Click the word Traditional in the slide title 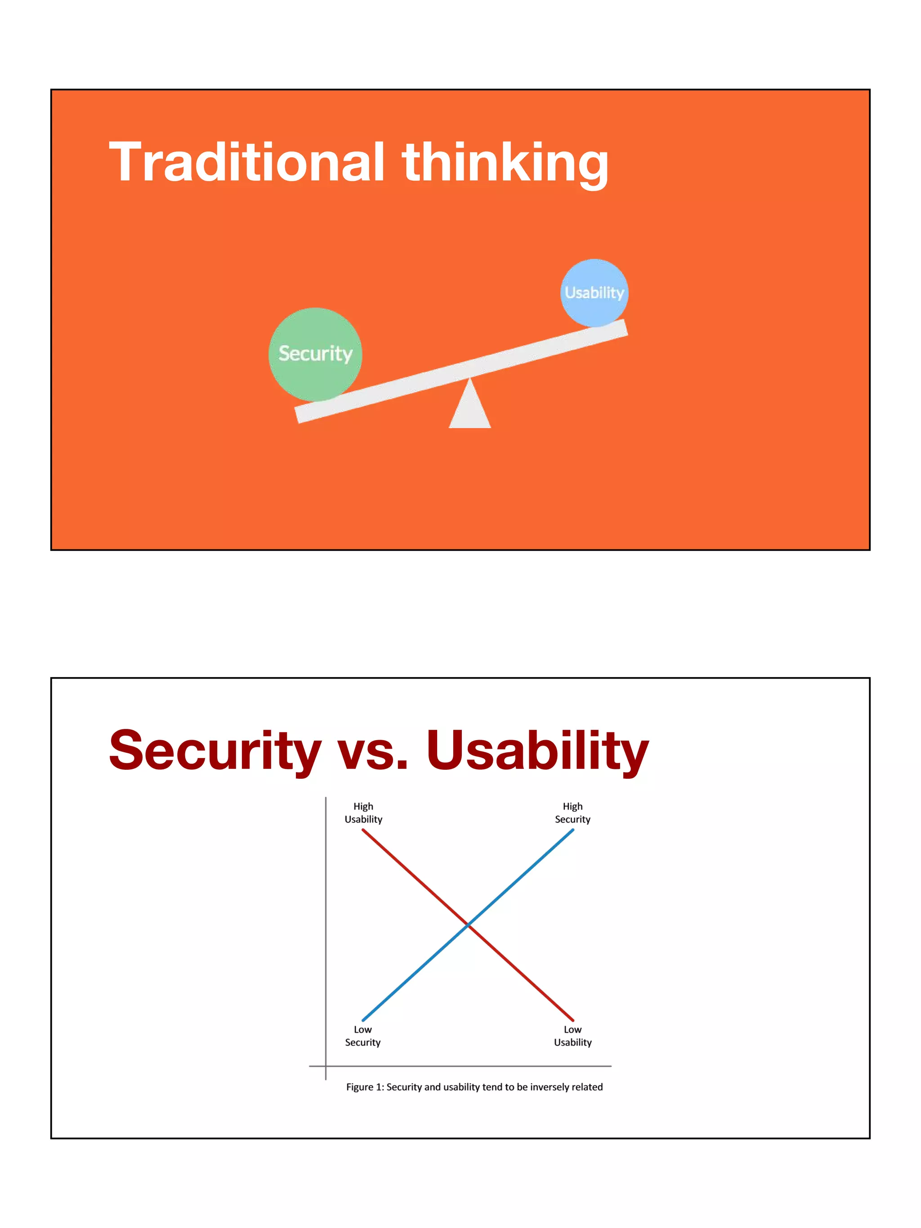[246, 162]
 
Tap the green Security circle [315, 353]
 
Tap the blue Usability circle [594, 293]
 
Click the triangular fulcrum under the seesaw [469, 408]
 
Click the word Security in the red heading [215, 750]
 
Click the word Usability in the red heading [537, 750]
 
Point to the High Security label [572, 813]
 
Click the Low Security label [362, 1036]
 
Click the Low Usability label [572, 1036]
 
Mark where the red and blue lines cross [468, 925]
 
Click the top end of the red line [363, 831]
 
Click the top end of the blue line [572, 831]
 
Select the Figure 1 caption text [474, 1087]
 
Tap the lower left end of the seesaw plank [298, 415]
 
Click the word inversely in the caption [550, 1087]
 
